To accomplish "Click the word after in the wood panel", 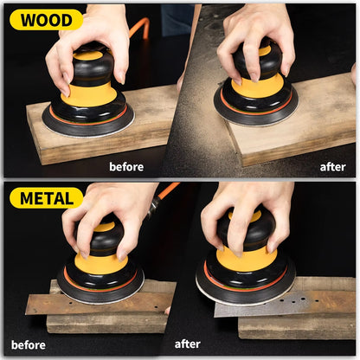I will click(332, 166).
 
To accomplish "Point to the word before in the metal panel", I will click(29, 344).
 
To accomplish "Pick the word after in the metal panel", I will click(188, 344).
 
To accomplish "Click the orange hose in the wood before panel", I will click(140, 28).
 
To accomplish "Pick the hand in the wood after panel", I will click(251, 35).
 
